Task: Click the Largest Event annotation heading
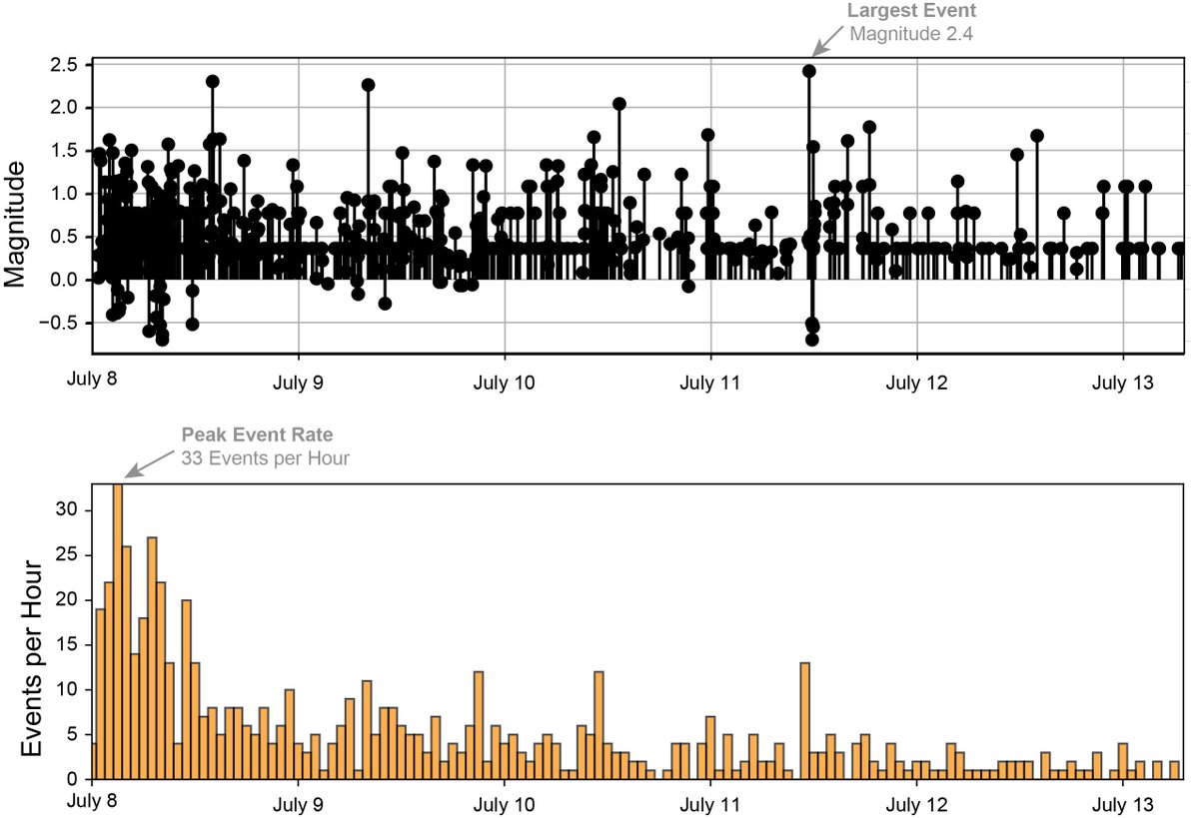pyautogui.click(x=910, y=12)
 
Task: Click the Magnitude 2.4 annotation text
pyautogui.click(x=910, y=33)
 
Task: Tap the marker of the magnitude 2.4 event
pyautogui.click(x=809, y=71)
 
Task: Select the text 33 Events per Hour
pyautogui.click(x=265, y=458)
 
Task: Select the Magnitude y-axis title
pyautogui.click(x=17, y=229)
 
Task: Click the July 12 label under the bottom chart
pyautogui.click(x=916, y=804)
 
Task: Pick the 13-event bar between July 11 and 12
pyautogui.click(x=805, y=720)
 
